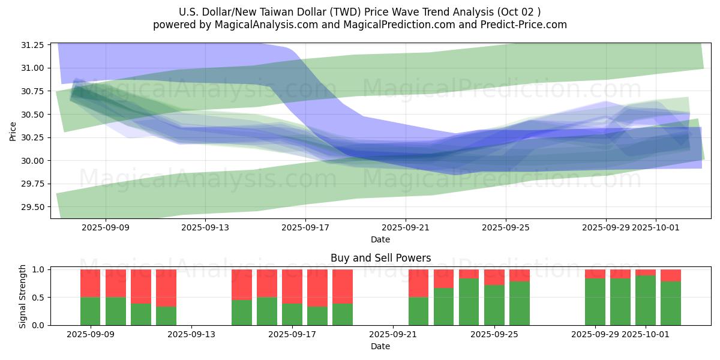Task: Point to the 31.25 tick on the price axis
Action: coord(33,45)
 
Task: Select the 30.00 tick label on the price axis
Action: coord(33,161)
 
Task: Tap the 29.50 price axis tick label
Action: coord(33,207)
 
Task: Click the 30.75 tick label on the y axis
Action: coord(33,91)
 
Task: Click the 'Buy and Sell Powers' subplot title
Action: coord(380,259)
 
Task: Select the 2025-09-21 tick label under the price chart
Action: coord(406,228)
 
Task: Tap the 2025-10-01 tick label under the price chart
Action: coord(656,228)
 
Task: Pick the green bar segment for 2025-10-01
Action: coord(646,300)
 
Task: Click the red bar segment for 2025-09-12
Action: coord(166,288)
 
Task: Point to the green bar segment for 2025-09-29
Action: coord(595,301)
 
